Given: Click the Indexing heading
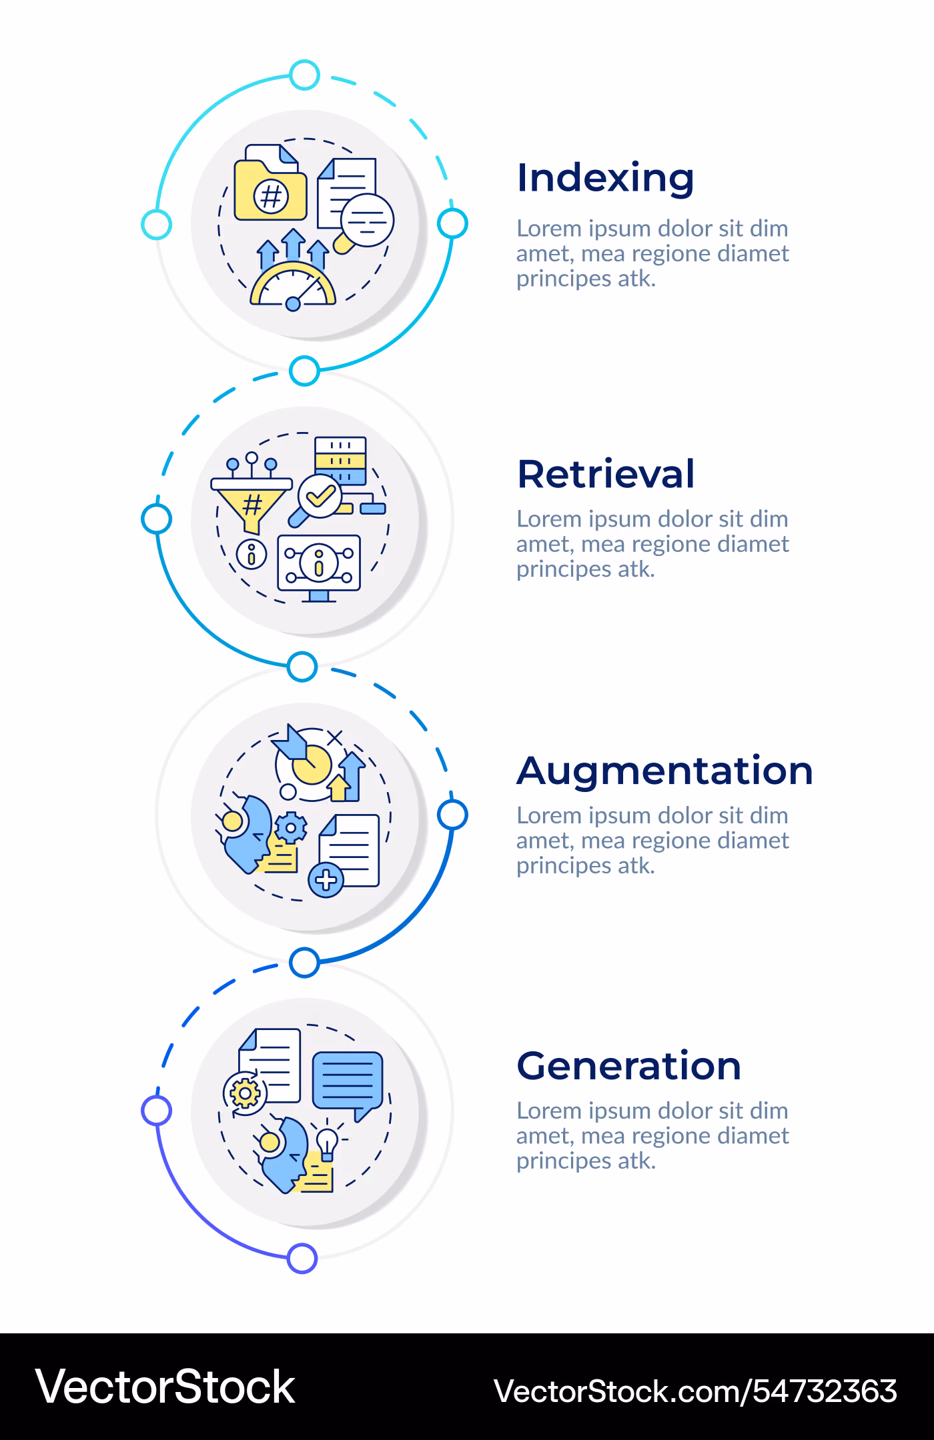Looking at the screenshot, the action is tap(606, 179).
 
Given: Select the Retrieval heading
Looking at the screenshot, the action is tap(606, 474).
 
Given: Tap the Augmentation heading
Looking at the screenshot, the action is tap(665, 772).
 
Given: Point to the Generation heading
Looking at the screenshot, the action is tap(629, 1065).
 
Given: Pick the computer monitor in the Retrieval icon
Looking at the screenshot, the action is tap(319, 567).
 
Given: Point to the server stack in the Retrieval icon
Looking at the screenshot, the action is tap(340, 461).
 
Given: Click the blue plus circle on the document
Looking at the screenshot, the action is tap(326, 880).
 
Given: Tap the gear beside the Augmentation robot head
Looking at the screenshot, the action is tap(290, 829).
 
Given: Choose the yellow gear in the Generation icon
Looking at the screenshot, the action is tap(245, 1093).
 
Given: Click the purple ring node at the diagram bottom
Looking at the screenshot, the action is tap(302, 1259).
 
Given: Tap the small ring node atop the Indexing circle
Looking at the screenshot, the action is tap(305, 75).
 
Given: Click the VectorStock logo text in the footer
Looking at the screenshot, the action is tap(165, 1387).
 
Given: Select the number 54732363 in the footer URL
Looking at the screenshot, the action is tap(825, 1391).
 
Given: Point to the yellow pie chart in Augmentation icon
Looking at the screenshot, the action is tap(312, 764).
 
